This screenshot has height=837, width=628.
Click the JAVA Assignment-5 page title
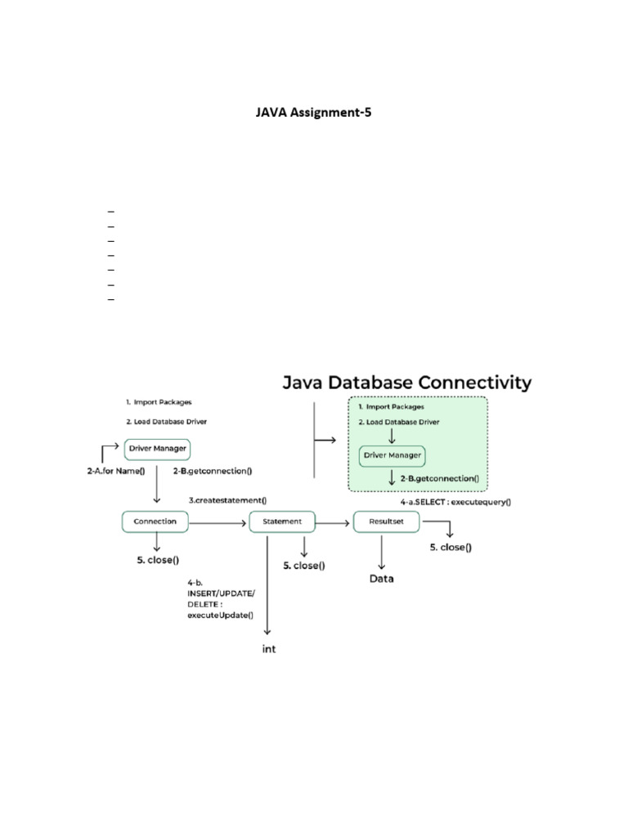point(314,114)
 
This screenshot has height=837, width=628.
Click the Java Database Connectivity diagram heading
point(407,383)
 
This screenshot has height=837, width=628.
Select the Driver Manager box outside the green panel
point(157,448)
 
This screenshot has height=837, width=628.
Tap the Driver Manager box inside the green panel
point(392,454)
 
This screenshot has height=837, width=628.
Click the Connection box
point(155,521)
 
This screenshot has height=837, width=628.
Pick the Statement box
point(282,521)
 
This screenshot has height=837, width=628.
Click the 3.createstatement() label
point(228,500)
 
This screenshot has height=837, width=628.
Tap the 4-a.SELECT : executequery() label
point(455,502)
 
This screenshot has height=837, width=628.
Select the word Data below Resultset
point(381,579)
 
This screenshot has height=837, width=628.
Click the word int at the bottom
point(269,650)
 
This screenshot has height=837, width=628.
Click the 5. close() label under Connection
point(158,560)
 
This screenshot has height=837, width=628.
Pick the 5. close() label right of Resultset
point(451,548)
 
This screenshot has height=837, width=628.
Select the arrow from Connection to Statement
point(218,521)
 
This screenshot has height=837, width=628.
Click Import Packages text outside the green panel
point(163,402)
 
